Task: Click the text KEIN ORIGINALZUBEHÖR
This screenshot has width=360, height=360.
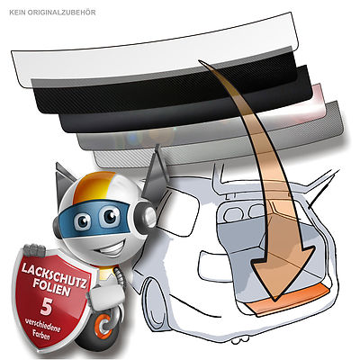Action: click(x=52, y=13)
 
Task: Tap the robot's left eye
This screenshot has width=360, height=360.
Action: click(x=82, y=221)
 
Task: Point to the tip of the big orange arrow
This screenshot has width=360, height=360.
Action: click(x=274, y=300)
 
